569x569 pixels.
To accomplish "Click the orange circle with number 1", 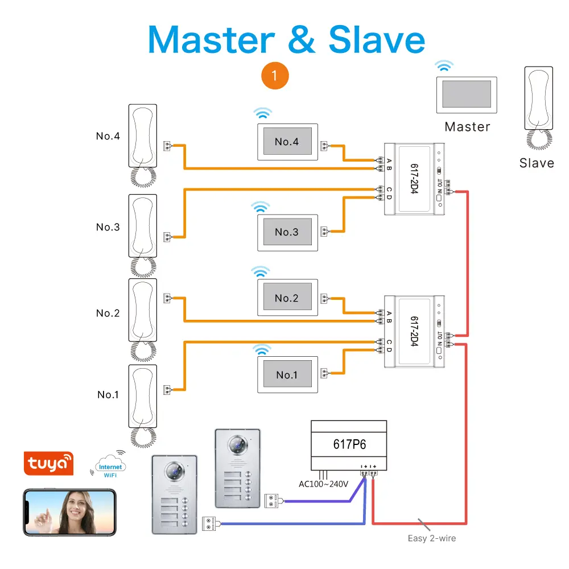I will tap(275, 76).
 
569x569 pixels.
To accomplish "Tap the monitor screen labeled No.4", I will tap(287, 142).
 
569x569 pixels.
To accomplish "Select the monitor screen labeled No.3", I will tap(287, 232).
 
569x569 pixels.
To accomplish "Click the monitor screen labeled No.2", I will tap(287, 298).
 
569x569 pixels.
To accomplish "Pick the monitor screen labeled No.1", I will tap(287, 374).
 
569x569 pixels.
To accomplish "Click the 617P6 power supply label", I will tap(348, 444).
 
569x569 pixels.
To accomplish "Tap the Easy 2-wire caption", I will tap(431, 538).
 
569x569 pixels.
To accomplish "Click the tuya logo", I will tap(50, 463).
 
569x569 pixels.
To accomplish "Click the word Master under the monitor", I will tap(467, 127).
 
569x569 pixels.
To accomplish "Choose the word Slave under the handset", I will tap(537, 163).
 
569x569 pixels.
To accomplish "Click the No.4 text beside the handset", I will tap(108, 136).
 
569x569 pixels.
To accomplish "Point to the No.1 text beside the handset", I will tap(108, 394).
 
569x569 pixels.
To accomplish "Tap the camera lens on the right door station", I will tap(236, 443).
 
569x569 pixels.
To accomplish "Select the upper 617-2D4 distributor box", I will tap(414, 178).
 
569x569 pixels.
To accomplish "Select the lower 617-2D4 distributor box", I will tap(414, 332).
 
